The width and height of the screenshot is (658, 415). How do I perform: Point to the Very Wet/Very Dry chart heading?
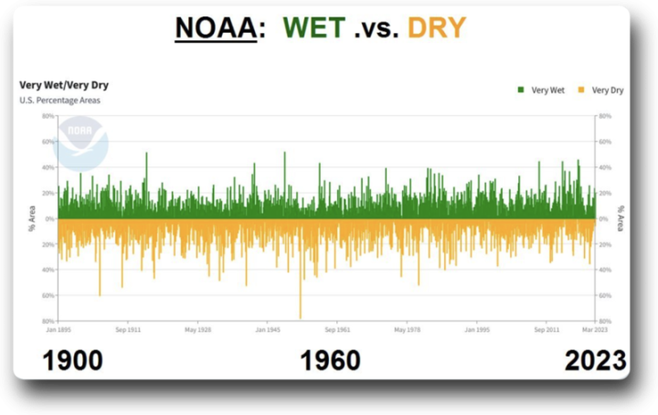pos(64,85)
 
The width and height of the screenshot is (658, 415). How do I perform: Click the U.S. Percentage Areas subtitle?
pos(60,100)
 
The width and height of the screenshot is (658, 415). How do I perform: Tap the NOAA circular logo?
pos(80,142)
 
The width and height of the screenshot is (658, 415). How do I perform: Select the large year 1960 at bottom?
pos(330,360)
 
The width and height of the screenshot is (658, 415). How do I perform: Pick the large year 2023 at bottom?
pos(595,360)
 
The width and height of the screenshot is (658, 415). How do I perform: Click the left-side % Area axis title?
pos(31,219)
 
